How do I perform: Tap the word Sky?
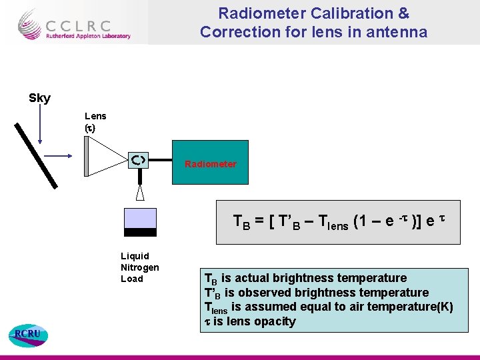coord(39,99)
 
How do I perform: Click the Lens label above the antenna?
coord(95,116)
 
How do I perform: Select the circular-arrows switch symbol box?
coord(139,159)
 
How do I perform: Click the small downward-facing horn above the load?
coord(139,193)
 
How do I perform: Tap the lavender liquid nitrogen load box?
coord(140,218)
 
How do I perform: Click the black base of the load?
coord(140,233)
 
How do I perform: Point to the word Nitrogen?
coord(139,267)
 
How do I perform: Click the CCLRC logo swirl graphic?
coord(29,24)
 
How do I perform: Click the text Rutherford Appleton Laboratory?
coord(88,37)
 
